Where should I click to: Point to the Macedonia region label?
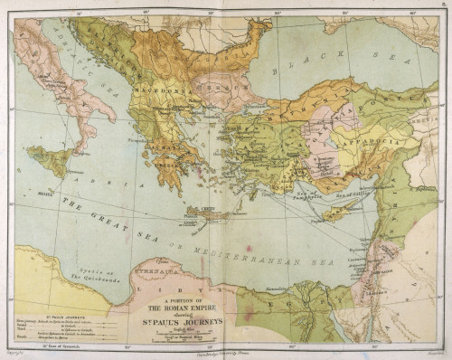coord(149,90)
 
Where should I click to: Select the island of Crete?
coord(210,214)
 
